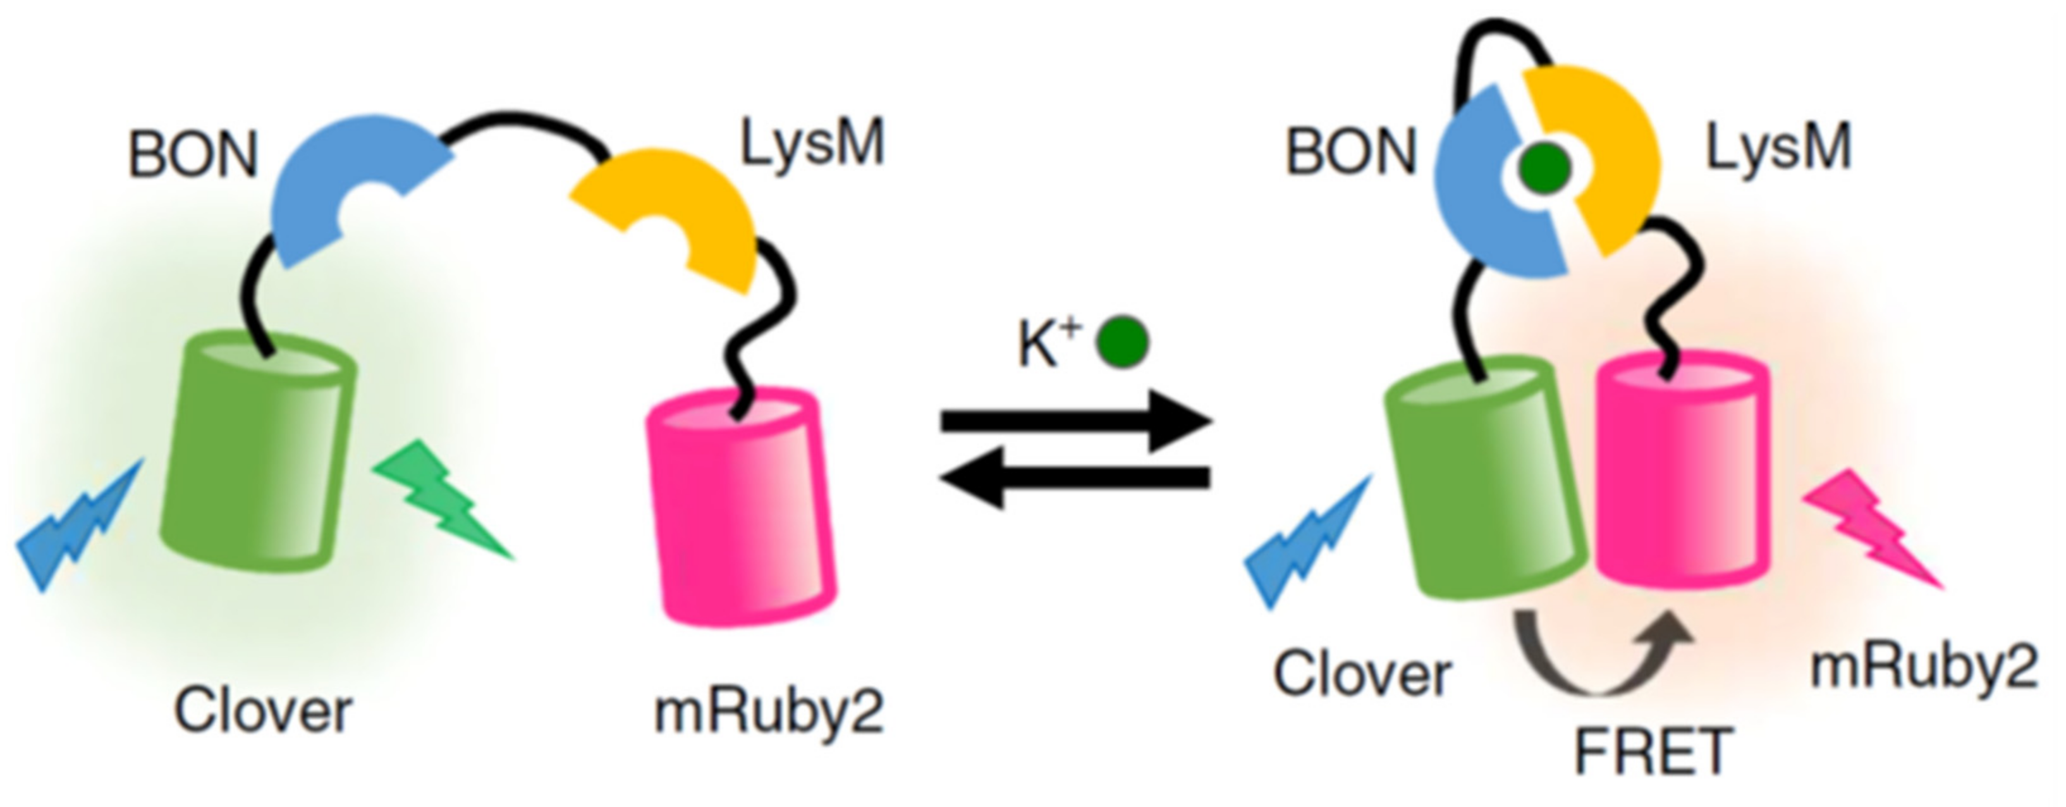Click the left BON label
[x=192, y=154]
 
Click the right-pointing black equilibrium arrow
[x=1075, y=421]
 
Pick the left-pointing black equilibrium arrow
[x=1075, y=478]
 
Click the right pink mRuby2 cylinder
[x=1680, y=473]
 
